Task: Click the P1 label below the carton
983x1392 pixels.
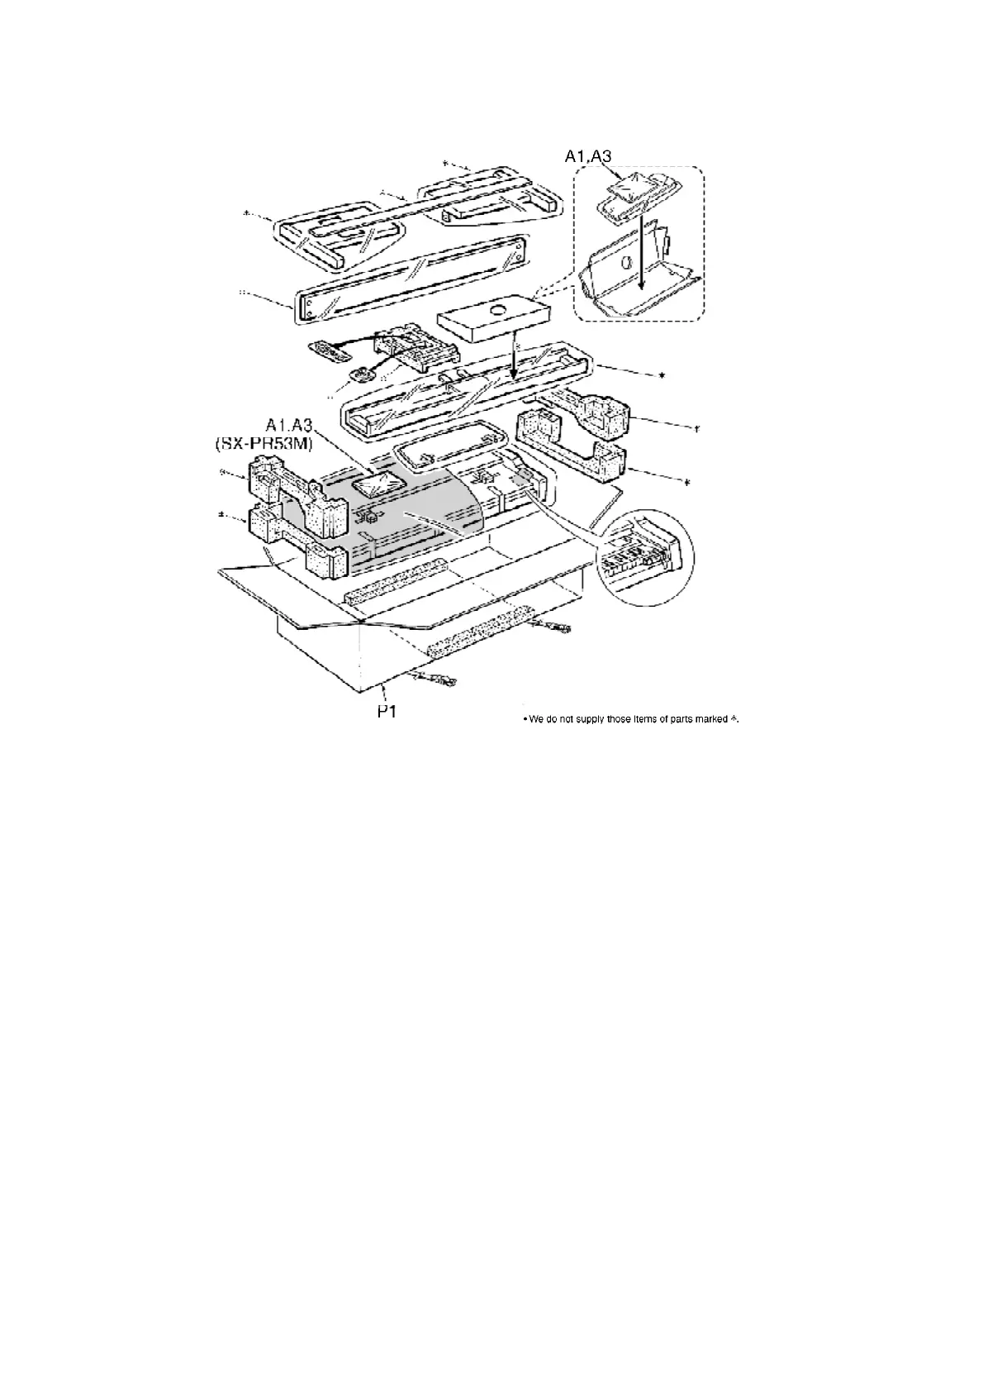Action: pos(387,710)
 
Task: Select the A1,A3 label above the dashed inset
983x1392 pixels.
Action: pos(588,155)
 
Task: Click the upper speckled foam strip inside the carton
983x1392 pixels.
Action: pos(394,584)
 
